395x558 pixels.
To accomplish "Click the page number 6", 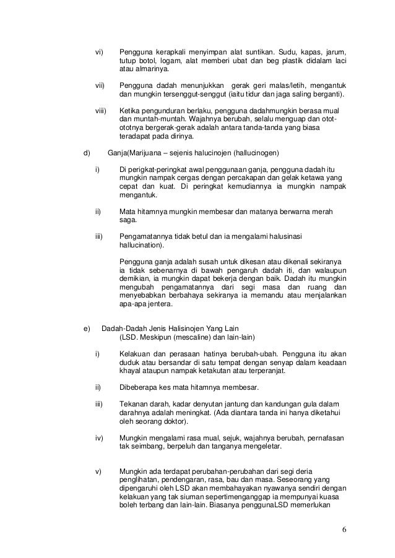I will click(344, 530).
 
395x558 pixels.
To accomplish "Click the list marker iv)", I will click(99, 437).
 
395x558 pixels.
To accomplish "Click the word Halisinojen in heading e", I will click(184, 327).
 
